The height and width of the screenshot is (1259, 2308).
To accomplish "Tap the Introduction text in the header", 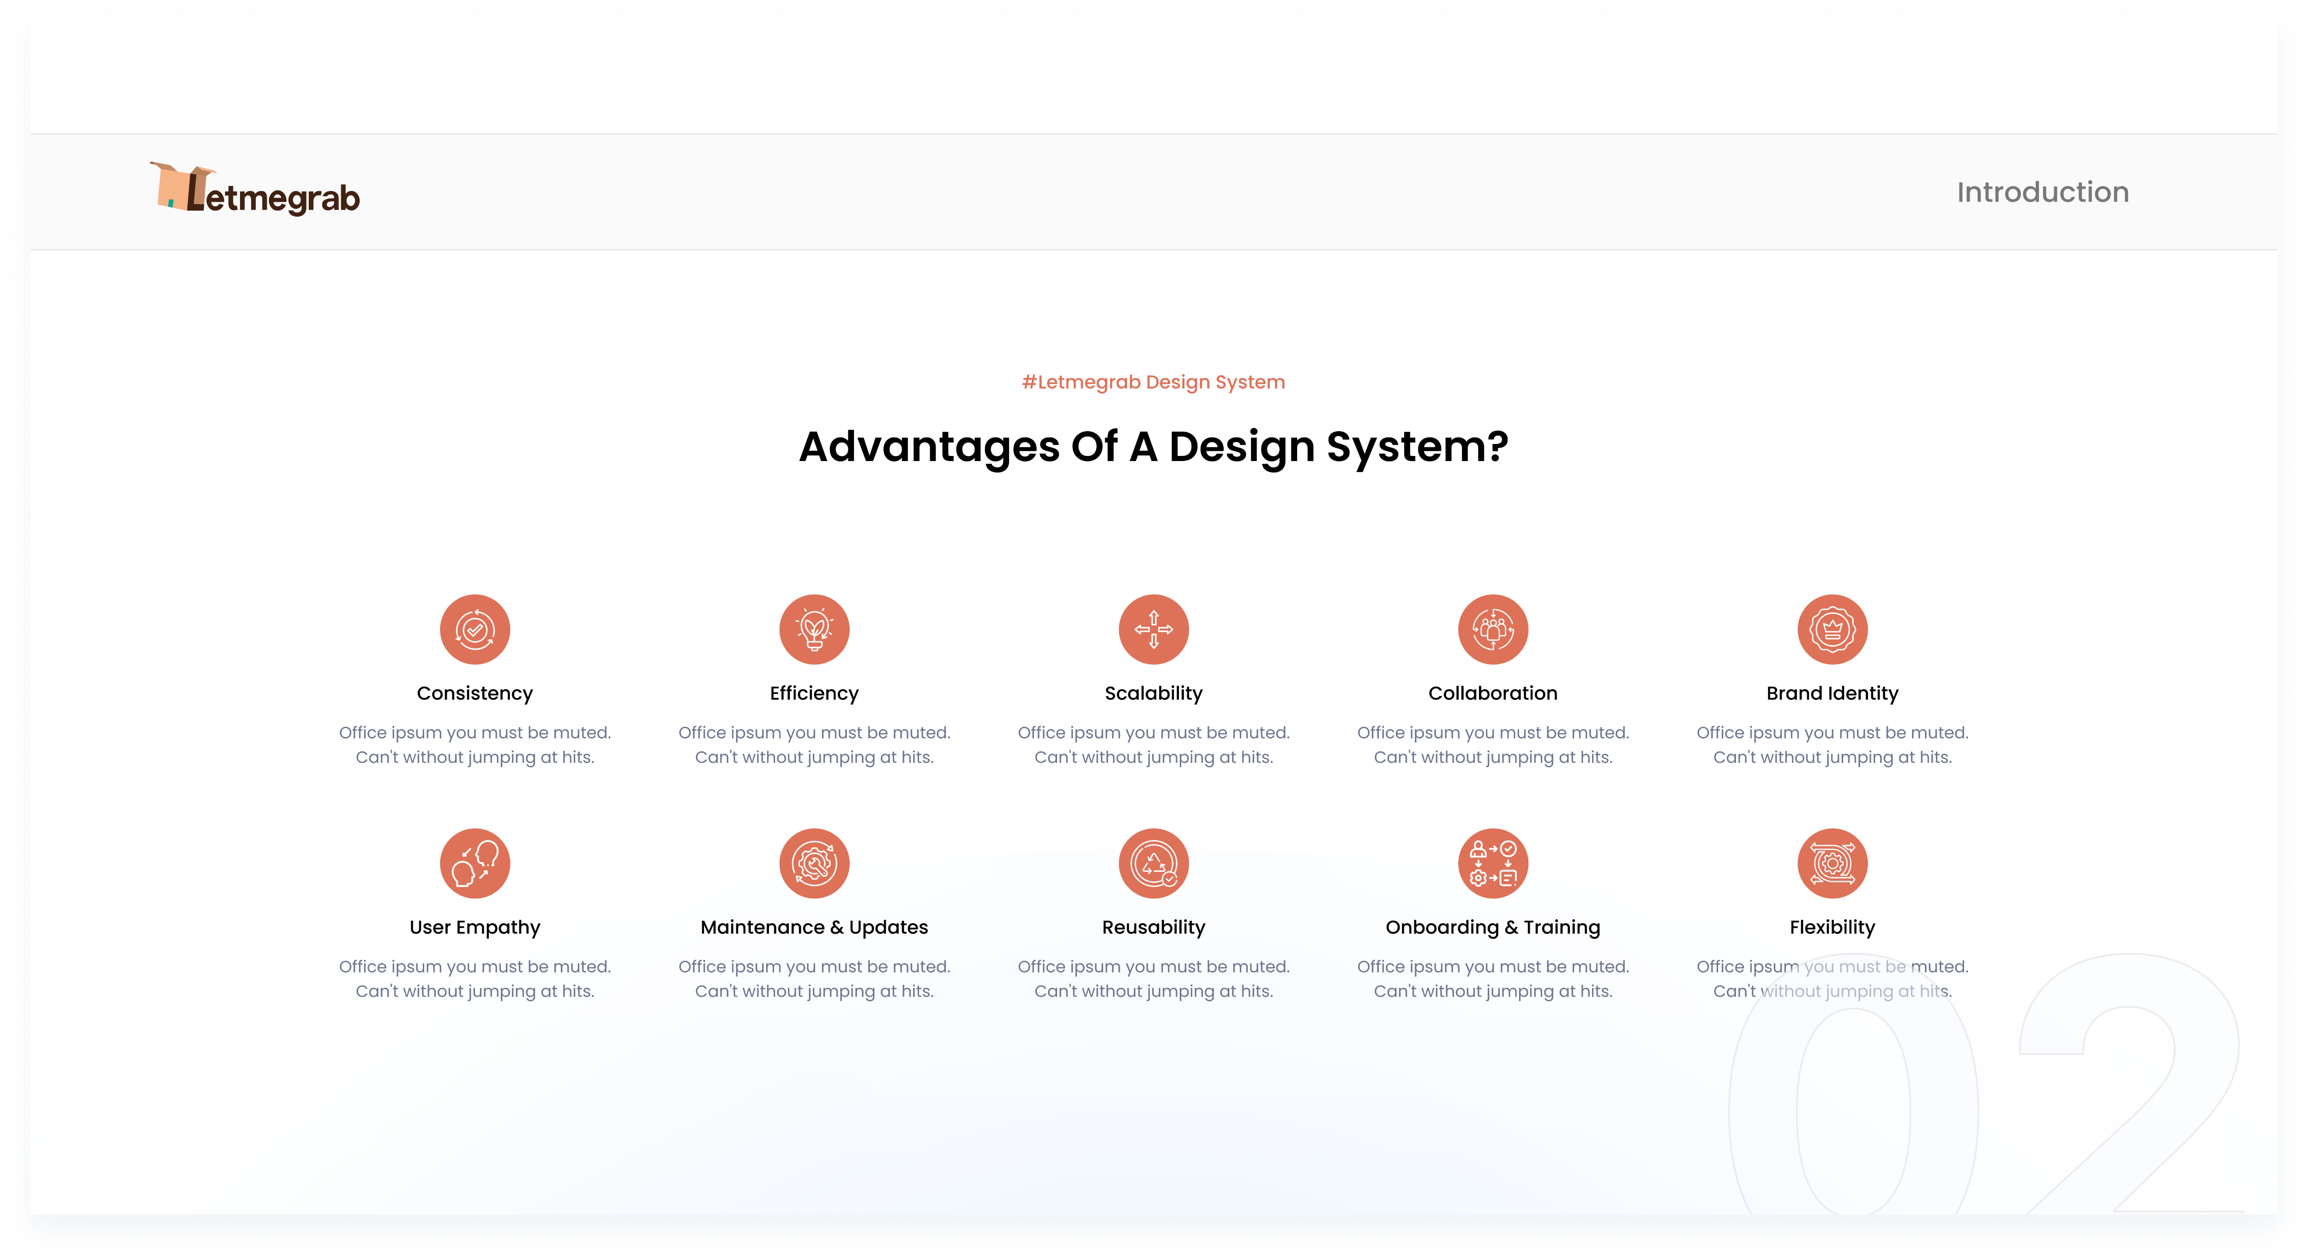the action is tap(2042, 192).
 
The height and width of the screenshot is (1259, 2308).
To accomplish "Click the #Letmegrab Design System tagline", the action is tap(1153, 383).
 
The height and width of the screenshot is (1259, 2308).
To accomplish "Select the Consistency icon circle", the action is tap(475, 629).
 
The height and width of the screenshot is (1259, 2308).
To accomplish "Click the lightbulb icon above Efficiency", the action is tap(814, 629).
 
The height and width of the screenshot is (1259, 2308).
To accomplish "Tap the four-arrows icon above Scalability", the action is tap(1154, 629).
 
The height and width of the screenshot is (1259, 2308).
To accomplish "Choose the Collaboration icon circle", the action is tap(1493, 629).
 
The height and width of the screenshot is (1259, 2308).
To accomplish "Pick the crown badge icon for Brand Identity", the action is tap(1832, 629).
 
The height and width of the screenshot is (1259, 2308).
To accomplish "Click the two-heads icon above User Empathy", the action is tap(475, 863).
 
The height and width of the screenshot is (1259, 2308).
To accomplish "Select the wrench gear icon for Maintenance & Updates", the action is tap(814, 863).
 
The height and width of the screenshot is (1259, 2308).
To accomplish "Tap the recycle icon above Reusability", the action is tap(1154, 863).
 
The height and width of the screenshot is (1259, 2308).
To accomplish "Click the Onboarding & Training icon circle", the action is tap(1493, 863).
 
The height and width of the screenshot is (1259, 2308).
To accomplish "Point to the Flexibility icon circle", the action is tap(1832, 863).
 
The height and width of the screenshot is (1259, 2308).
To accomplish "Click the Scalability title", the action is tap(1154, 694).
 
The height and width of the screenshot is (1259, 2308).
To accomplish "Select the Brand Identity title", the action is tap(1832, 694).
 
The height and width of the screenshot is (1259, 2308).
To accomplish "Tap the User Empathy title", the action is tap(475, 928).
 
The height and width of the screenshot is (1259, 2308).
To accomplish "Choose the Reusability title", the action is tap(1154, 928).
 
